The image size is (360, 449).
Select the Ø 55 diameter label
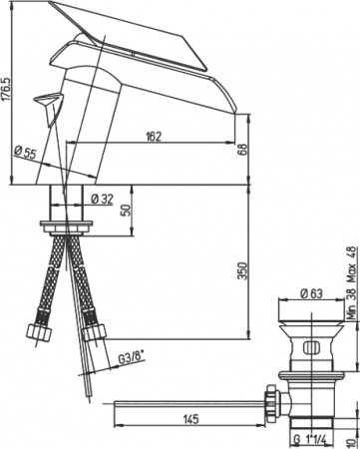pos(25,153)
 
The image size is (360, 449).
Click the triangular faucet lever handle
pos(45,101)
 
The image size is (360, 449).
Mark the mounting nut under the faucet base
pos(68,222)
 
